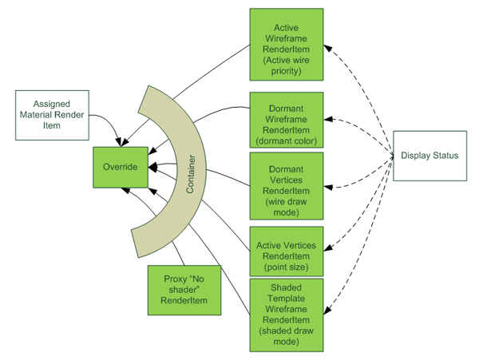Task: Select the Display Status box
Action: [430, 156]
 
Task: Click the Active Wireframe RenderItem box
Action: [286, 44]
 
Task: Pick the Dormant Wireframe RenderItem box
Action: [286, 120]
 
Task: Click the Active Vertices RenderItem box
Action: [286, 250]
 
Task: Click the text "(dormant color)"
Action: [286, 142]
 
